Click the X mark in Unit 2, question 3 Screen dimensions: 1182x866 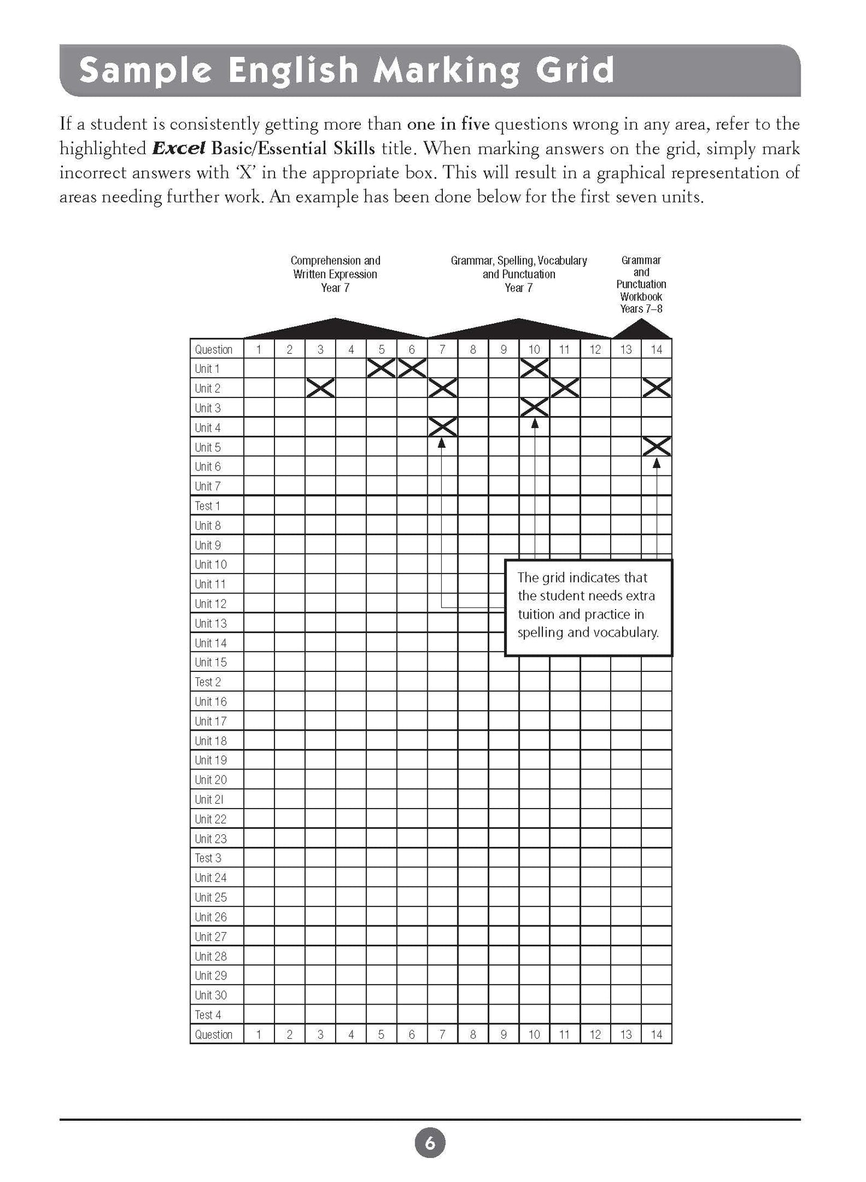pos(320,388)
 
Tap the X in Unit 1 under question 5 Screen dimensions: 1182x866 pos(381,368)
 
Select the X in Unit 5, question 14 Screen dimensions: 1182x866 pos(656,447)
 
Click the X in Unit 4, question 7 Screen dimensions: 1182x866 pos(442,427)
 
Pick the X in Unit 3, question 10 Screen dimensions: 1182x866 pos(534,408)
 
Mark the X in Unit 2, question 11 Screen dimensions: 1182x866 pos(565,388)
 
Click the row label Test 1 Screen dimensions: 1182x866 pos(207,506)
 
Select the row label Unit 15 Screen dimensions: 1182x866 pos(210,662)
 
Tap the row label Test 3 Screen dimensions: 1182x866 pos(207,858)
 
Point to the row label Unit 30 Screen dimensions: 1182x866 pos(210,995)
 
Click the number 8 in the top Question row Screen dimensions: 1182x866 pos(473,349)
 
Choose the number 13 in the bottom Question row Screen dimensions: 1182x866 pos(626,1035)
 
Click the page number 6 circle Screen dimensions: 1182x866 pos(430,1143)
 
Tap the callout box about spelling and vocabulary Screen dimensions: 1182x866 pos(589,607)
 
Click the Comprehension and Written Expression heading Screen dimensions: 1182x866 pos(335,274)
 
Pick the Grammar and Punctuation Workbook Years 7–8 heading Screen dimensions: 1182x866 pos(641,285)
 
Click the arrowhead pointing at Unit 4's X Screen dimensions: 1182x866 pos(442,443)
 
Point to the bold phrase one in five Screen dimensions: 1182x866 pos(448,125)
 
